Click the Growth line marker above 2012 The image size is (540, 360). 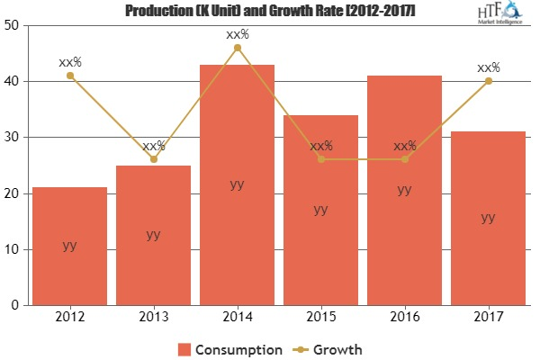pyautogui.click(x=69, y=76)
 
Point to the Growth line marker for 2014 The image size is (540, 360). pyautogui.click(x=237, y=48)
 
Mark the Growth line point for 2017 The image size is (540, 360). pyautogui.click(x=488, y=81)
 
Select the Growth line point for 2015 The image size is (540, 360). pyautogui.click(x=320, y=159)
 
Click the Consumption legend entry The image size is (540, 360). pyautogui.click(x=229, y=348)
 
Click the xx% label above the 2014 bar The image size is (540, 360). pyautogui.click(x=237, y=34)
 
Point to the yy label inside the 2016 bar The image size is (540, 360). pyautogui.click(x=404, y=189)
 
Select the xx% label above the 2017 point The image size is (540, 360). pyautogui.click(x=488, y=67)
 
